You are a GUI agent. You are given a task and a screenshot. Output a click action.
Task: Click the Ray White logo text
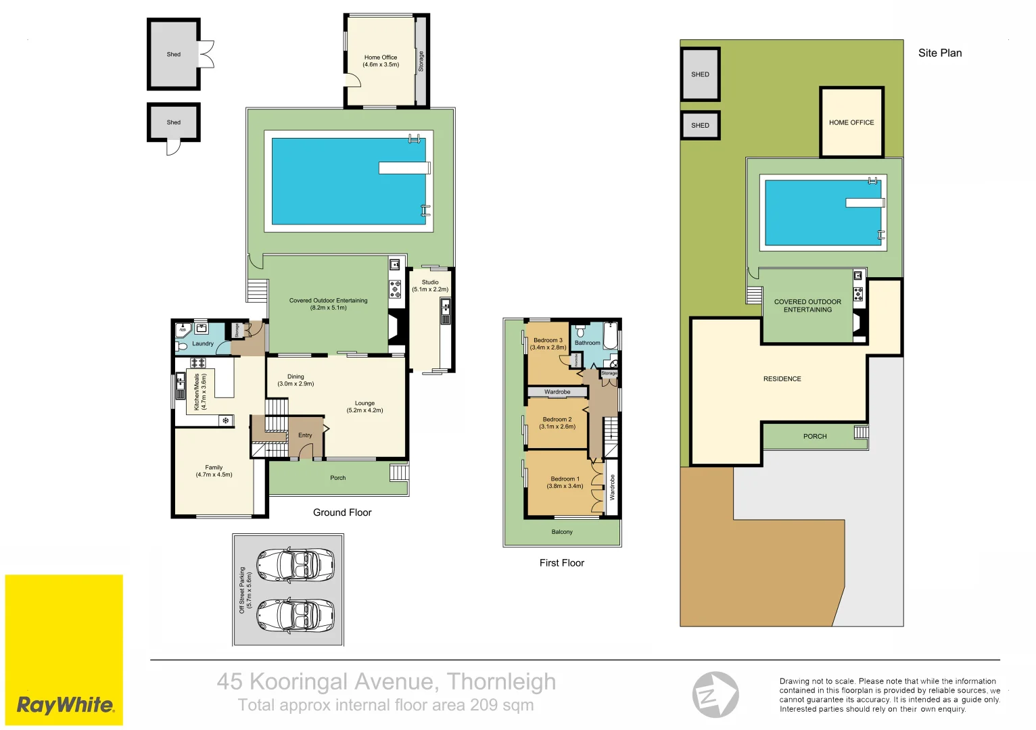coord(65,705)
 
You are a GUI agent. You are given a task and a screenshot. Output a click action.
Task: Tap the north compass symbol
coord(715,694)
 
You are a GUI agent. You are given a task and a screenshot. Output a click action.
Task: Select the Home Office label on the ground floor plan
coord(381,61)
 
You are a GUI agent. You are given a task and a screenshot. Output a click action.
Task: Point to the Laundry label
coord(202,343)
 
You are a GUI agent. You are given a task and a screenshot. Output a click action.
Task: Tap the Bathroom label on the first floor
coord(587,343)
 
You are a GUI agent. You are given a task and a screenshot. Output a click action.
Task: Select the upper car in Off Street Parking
coord(296,564)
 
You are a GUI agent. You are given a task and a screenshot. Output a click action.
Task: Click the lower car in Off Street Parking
coord(296,614)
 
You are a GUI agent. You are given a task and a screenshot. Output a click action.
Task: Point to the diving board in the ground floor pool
coord(404,168)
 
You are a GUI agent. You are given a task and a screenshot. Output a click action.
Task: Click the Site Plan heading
coord(939,53)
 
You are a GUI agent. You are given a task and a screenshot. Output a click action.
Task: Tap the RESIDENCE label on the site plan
coord(782,379)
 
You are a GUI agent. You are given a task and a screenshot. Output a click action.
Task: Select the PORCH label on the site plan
coord(815,437)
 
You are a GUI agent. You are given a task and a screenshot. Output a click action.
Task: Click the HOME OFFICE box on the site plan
coord(851,122)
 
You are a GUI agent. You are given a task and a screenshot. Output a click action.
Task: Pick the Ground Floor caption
coord(342,512)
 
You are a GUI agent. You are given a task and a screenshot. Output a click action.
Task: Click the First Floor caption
coord(561,562)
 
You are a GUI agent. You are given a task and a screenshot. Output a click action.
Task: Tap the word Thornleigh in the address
coord(501,681)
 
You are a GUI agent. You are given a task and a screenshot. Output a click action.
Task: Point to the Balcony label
coord(561,532)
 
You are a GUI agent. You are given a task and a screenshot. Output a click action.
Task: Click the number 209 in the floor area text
coord(484,705)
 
